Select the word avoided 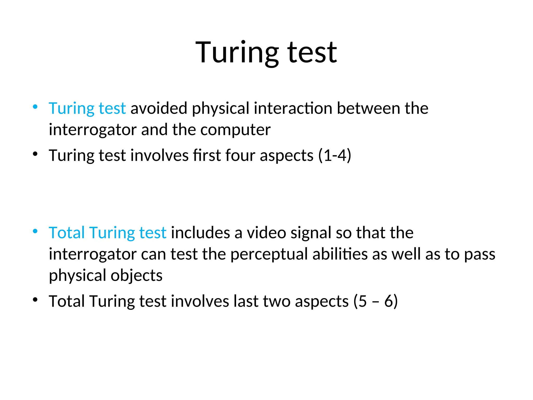pyautogui.click(x=159, y=108)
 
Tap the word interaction pyautogui.click(x=293, y=108)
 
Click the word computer pyautogui.click(x=235, y=129)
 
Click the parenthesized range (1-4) pyautogui.click(x=335, y=155)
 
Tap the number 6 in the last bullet pyautogui.click(x=389, y=301)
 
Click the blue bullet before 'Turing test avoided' pyautogui.click(x=35, y=107)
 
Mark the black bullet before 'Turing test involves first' pyautogui.click(x=35, y=154)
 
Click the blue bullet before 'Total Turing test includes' pyautogui.click(x=35, y=231)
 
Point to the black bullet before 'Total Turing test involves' pyautogui.click(x=35, y=300)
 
